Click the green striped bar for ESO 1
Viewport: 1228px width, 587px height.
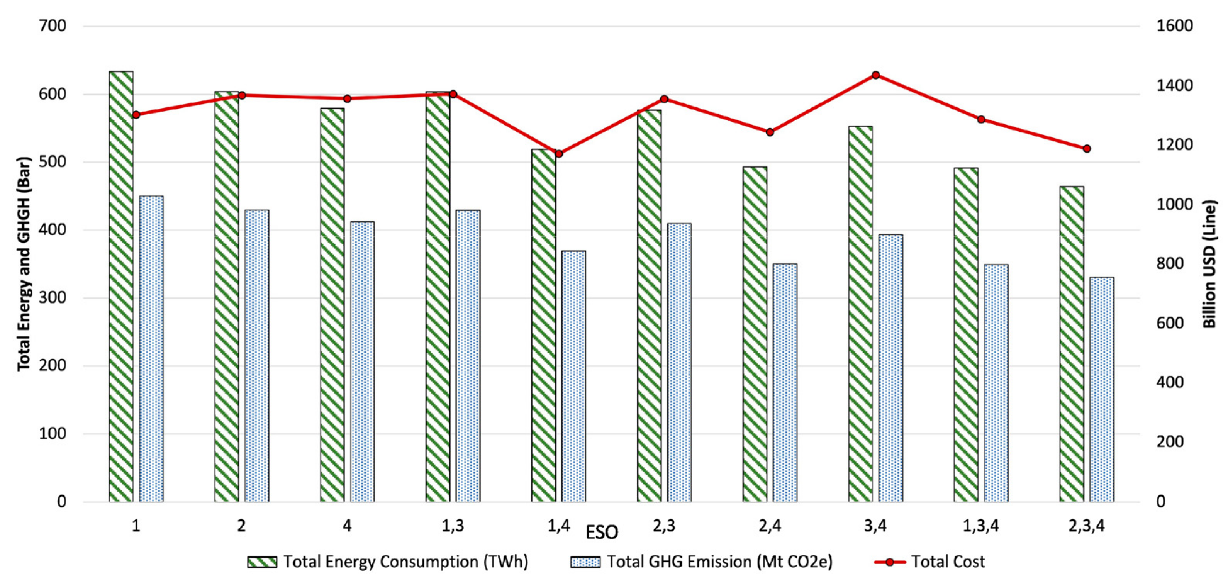tap(121, 286)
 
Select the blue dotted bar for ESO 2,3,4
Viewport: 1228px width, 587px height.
tap(1102, 389)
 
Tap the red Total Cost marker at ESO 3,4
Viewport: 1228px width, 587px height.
tap(875, 75)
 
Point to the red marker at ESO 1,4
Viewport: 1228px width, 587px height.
tap(559, 154)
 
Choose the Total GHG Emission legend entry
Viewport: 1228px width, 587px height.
tap(701, 562)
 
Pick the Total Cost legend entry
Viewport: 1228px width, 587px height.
tap(929, 562)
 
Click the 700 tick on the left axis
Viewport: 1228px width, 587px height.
tap(52, 26)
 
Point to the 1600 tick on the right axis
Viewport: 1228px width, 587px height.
tap(1175, 26)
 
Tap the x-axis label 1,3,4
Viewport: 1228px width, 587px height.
tap(980, 526)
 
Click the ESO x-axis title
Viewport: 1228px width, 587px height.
tap(602, 532)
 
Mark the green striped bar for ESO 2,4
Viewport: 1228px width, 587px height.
tap(755, 334)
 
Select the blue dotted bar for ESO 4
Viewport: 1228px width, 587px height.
tap(362, 361)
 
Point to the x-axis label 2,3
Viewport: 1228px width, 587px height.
tap(664, 526)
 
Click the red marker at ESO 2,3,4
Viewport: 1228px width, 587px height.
tap(1086, 148)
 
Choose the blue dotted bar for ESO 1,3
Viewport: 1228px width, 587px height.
tap(468, 355)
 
